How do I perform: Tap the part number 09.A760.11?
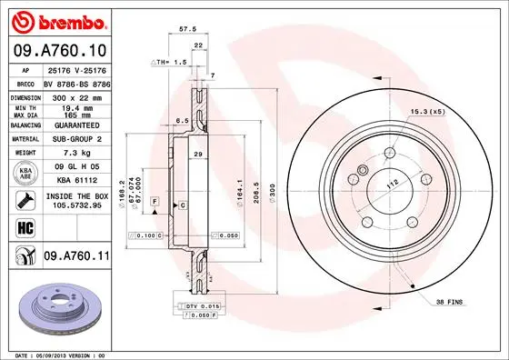77,256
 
